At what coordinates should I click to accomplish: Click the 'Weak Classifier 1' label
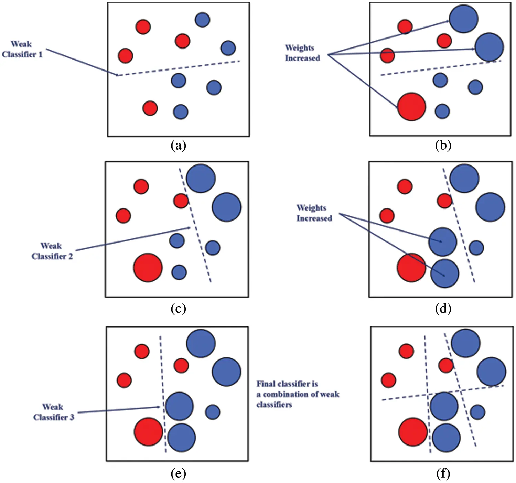tap(22, 49)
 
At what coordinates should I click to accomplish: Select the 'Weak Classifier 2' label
tap(52, 251)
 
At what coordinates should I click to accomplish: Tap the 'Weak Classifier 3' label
tap(54, 412)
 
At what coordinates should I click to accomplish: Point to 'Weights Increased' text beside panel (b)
tap(302, 53)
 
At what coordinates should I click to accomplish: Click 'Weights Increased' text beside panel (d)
tap(314, 213)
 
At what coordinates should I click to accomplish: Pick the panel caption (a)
tap(178, 146)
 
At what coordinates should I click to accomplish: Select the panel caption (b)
tap(443, 146)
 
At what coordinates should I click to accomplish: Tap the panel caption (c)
tap(178, 309)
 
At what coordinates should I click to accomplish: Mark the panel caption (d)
tap(443, 309)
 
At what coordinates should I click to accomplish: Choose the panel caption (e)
tap(178, 474)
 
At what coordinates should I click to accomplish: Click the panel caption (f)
tap(443, 474)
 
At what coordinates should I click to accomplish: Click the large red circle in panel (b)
tap(411, 107)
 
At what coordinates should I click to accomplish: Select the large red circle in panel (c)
tap(148, 268)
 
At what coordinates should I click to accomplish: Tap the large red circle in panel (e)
tap(148, 432)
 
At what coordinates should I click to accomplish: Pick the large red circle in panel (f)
tap(413, 432)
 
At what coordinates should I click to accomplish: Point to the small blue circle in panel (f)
tap(477, 412)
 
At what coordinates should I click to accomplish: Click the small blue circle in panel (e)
tap(213, 412)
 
